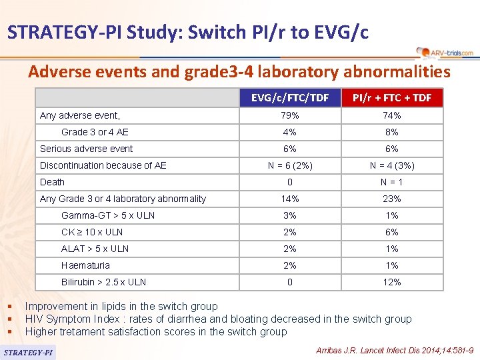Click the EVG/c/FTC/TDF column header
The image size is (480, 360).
[290, 98]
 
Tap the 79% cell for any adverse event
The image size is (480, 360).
[290, 115]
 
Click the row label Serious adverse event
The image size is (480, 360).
[86, 149]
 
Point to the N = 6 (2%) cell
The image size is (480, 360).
[290, 165]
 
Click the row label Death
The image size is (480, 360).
[52, 182]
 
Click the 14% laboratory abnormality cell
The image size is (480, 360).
[290, 199]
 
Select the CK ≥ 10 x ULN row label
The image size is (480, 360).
[92, 232]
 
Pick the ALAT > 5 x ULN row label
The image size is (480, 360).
[95, 249]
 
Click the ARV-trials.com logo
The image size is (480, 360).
[444, 53]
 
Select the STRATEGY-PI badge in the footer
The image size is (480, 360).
[28, 351]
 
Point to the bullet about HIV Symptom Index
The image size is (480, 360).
[218, 319]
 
